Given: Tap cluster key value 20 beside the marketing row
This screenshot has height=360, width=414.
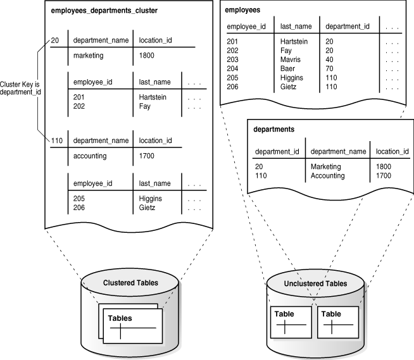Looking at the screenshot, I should point(55,40).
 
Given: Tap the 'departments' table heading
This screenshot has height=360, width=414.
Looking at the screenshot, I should point(274,130).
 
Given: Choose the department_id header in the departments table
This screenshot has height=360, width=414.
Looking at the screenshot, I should point(277,152).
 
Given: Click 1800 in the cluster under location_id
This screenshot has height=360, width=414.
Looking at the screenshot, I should point(147,55).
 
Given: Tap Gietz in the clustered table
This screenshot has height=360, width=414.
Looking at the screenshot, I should point(149,207).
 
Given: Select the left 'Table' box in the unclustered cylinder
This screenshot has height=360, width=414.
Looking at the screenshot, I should point(290,323).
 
